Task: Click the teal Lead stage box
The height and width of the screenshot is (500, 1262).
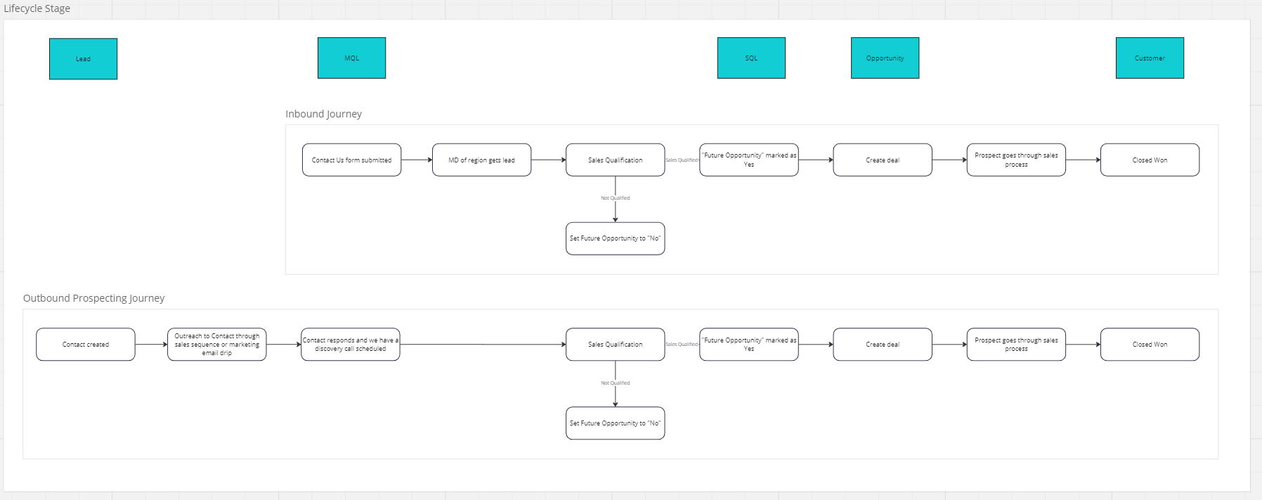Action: (x=83, y=59)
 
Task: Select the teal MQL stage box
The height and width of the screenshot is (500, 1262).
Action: (x=351, y=58)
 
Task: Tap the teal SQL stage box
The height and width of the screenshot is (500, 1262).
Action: (x=751, y=58)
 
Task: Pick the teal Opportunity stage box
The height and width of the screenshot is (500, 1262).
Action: (x=885, y=58)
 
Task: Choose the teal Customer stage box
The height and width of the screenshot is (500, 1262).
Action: (x=1150, y=58)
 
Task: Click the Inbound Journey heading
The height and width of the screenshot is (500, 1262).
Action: (x=323, y=114)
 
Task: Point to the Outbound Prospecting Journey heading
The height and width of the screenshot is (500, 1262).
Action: (x=93, y=298)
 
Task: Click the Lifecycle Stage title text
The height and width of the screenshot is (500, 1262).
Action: (x=37, y=8)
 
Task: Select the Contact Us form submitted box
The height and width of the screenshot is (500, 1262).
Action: (x=351, y=160)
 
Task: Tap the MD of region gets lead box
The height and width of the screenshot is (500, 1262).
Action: (x=481, y=160)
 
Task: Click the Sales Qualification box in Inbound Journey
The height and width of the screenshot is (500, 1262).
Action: (x=615, y=160)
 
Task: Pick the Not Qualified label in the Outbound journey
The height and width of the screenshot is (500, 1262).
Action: (x=615, y=383)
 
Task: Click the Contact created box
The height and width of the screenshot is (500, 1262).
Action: (x=85, y=345)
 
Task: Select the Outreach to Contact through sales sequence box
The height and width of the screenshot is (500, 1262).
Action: (x=216, y=345)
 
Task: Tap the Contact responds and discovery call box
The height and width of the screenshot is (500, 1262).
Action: (x=350, y=345)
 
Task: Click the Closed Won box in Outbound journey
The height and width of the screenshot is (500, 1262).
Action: (x=1150, y=345)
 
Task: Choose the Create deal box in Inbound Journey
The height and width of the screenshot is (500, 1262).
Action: (x=883, y=160)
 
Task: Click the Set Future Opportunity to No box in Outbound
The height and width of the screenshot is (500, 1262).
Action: (x=615, y=423)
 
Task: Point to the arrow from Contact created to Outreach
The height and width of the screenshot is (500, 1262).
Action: (x=151, y=345)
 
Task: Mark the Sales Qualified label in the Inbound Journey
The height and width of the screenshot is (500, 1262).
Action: (x=682, y=160)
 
